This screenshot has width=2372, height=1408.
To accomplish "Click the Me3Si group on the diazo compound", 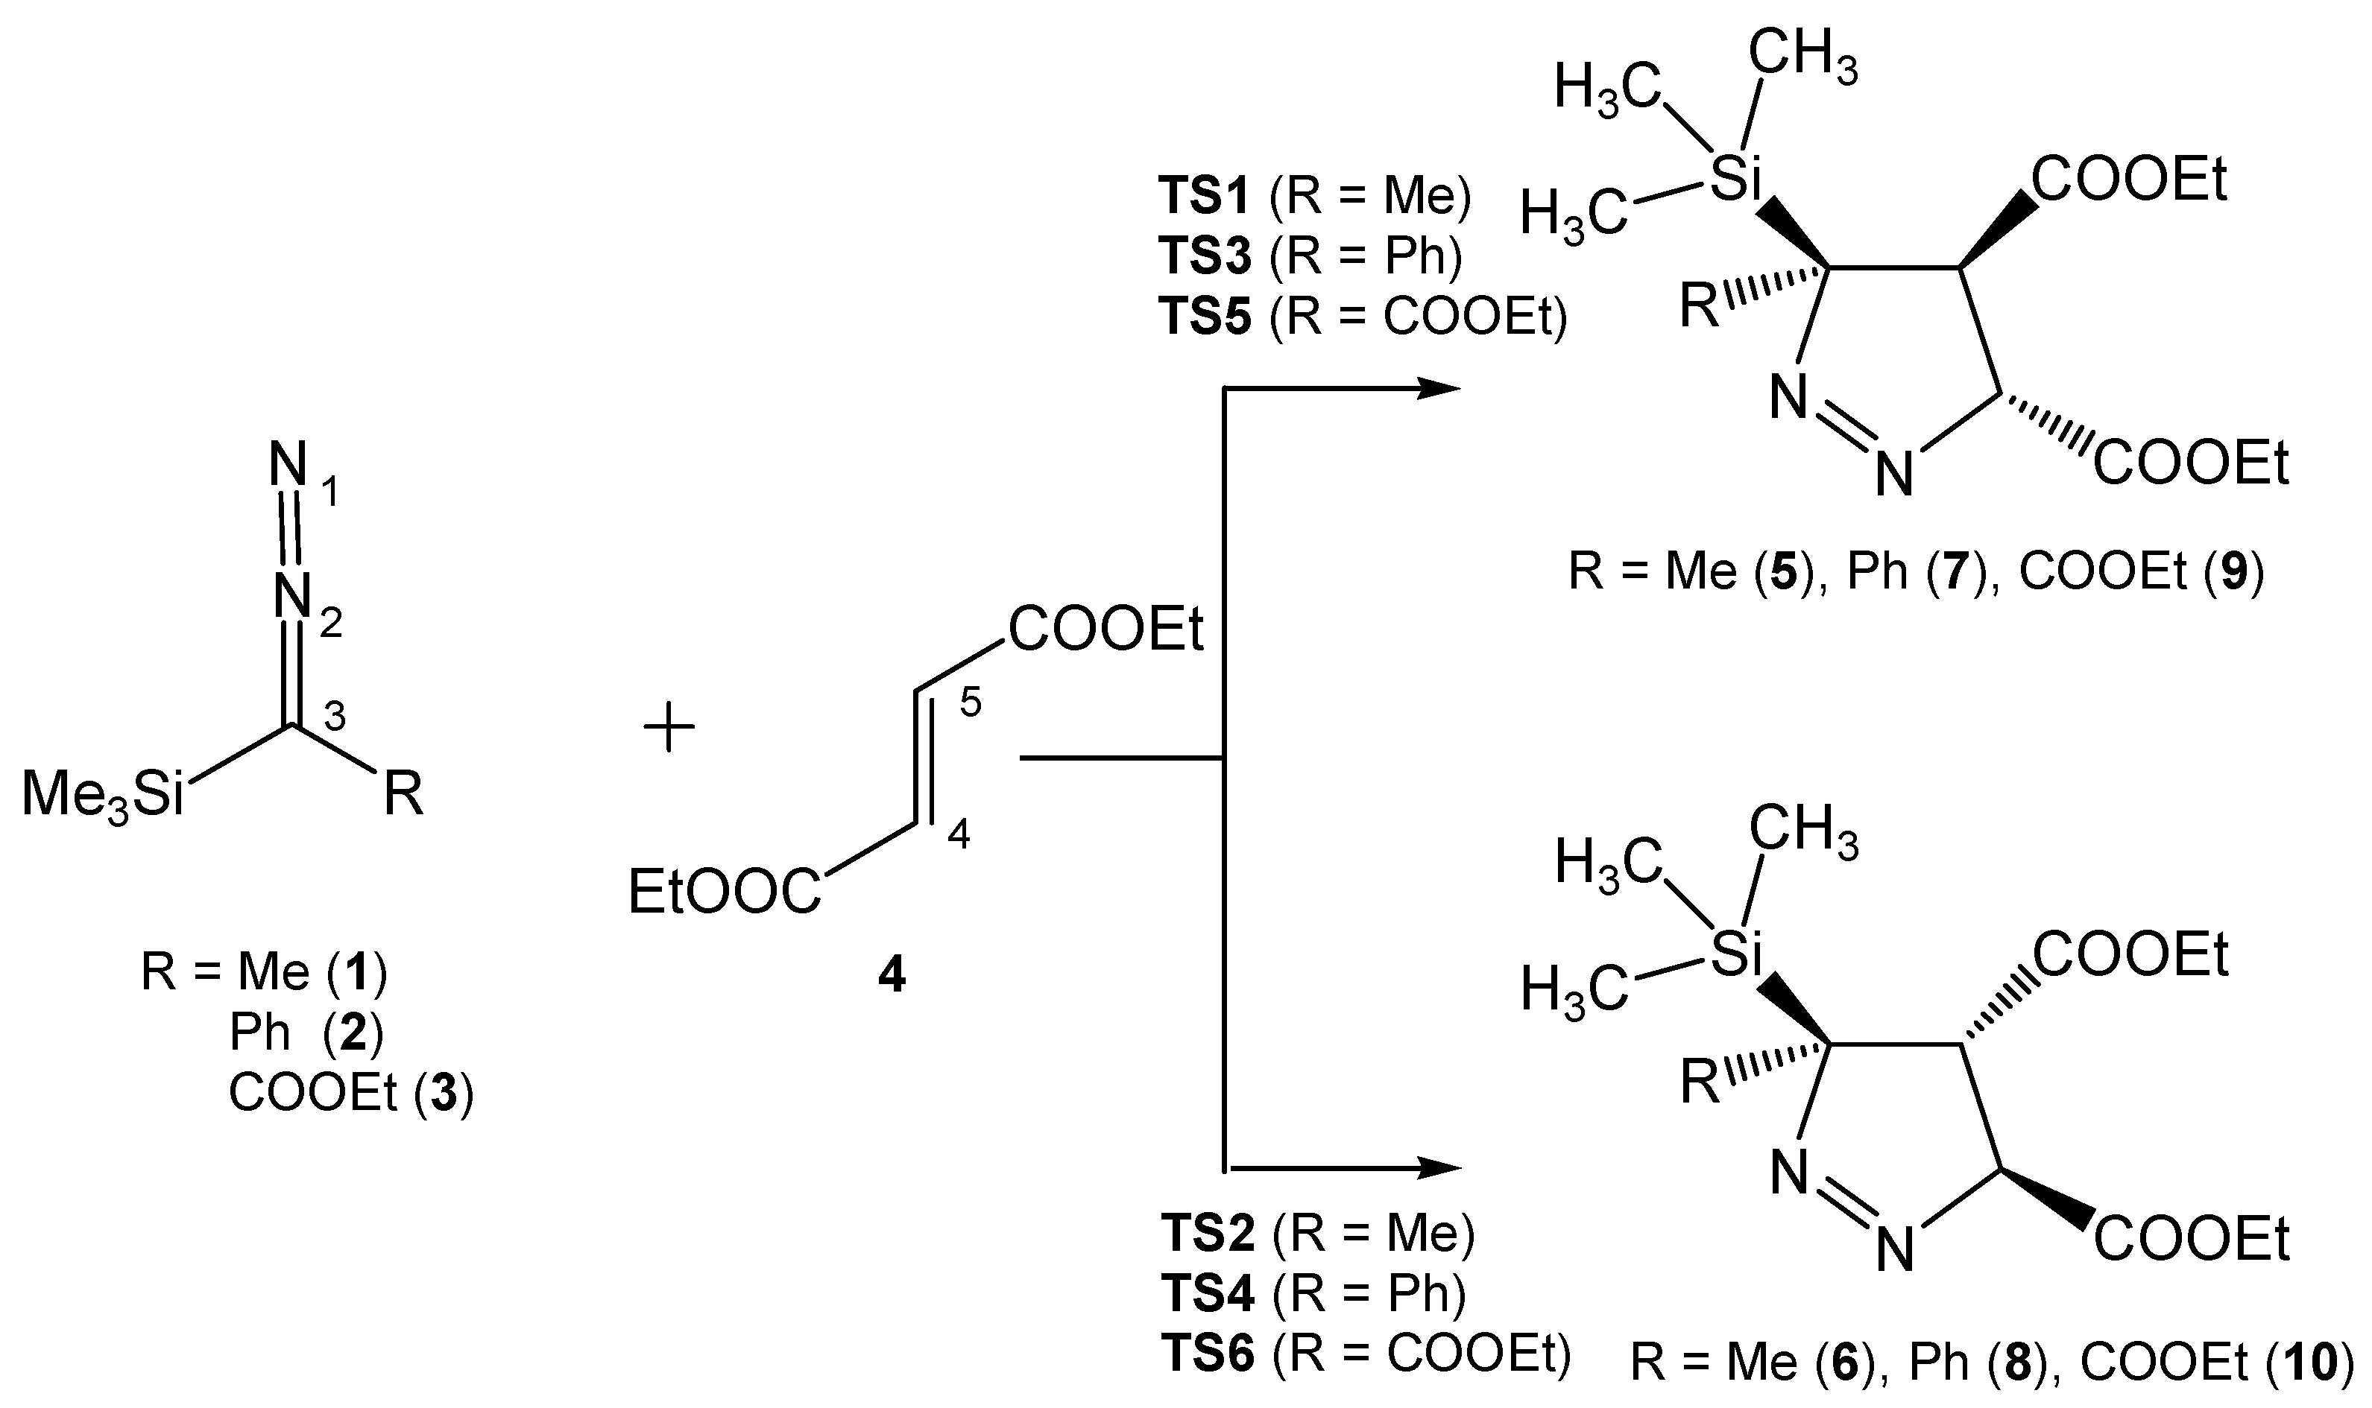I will click(x=103, y=795).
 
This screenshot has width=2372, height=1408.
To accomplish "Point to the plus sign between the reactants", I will click(x=669, y=728).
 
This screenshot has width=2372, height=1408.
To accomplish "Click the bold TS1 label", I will click(x=1206, y=197).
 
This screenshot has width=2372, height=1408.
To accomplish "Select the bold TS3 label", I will click(x=1206, y=256).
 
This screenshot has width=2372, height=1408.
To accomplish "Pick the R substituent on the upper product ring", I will click(x=1700, y=308).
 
